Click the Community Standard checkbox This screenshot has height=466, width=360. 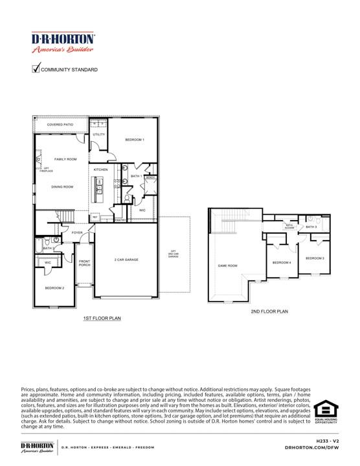click(x=36, y=69)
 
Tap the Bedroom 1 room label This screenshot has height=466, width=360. click(x=135, y=140)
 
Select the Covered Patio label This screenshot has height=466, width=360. click(x=60, y=124)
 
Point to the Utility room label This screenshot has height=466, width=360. click(x=98, y=134)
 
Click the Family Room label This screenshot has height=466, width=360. click(x=65, y=159)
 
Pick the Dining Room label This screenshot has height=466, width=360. click(x=63, y=186)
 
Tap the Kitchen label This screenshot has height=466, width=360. click(x=100, y=170)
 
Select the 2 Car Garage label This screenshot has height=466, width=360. click(x=126, y=260)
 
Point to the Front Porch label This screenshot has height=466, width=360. click(x=85, y=263)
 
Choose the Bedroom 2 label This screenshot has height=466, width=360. click(x=54, y=287)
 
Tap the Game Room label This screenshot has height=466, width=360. click(x=227, y=265)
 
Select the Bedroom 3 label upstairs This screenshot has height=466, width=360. click(x=315, y=258)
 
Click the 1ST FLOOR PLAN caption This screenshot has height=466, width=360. click(x=102, y=318)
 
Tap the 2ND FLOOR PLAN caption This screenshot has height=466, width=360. click(x=269, y=311)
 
